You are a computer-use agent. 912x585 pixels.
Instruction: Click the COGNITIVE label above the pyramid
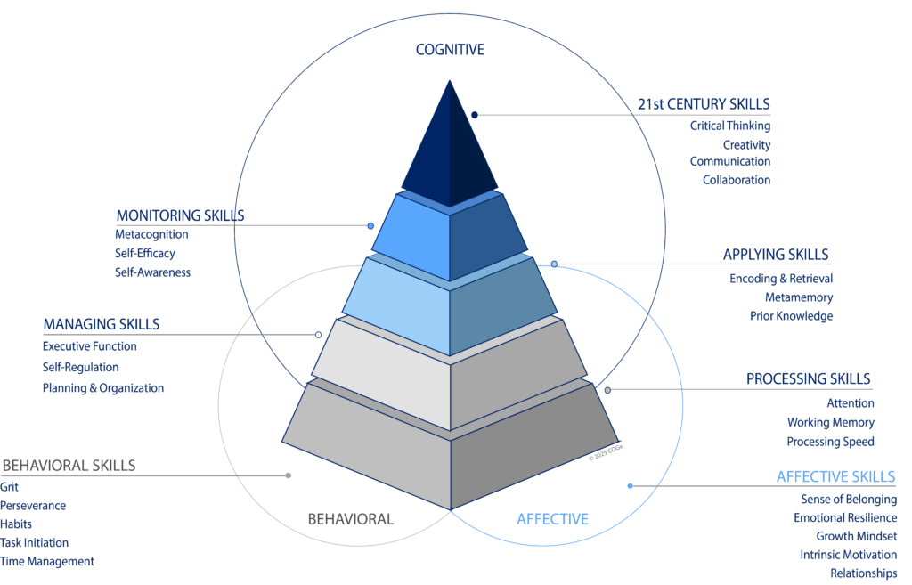point(450,50)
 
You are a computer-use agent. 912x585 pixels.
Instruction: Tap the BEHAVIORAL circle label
point(350,519)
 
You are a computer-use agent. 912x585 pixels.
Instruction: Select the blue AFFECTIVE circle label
point(552,519)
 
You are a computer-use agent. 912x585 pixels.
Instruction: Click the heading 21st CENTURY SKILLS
point(704,104)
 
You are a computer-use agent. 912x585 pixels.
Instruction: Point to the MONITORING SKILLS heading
point(180,215)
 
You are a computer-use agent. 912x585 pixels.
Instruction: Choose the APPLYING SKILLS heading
point(776,256)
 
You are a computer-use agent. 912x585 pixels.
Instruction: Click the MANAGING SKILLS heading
point(102,324)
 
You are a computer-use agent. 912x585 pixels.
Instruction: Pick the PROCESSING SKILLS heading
point(808,379)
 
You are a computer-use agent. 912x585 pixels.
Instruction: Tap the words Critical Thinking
point(730,126)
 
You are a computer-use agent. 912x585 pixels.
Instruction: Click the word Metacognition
point(151,234)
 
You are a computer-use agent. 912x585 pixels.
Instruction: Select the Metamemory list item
point(799,297)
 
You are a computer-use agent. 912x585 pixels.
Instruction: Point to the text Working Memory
point(830,423)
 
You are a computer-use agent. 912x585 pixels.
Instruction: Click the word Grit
point(9,487)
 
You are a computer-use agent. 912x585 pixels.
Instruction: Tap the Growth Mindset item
point(856,536)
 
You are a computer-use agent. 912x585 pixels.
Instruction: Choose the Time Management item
point(47,561)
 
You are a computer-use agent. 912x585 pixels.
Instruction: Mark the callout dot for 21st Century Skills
point(475,115)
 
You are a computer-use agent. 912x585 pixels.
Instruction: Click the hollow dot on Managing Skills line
point(318,335)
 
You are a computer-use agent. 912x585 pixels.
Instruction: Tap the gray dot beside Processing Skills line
point(607,390)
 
